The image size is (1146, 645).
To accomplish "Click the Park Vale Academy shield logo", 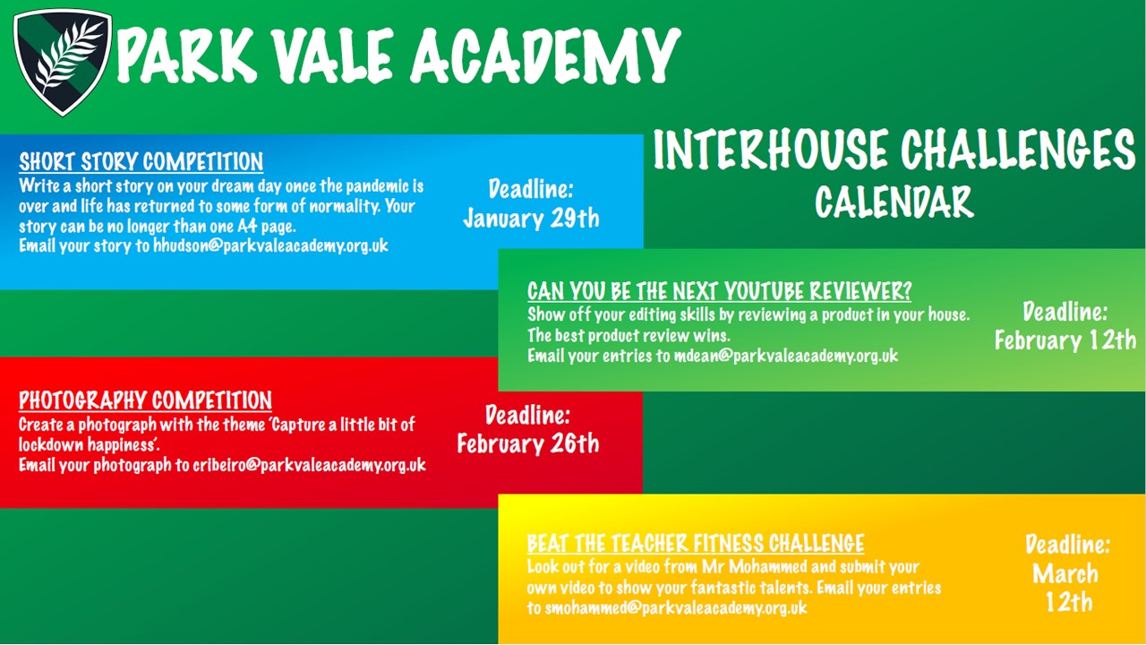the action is coord(63,63).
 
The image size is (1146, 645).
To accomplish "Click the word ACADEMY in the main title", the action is coord(545,56).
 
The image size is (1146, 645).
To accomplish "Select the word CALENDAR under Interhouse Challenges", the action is coord(894,202).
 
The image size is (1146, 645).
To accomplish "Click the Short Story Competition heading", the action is coord(141,162).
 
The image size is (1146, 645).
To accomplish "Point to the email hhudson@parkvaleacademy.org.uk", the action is coord(270,245).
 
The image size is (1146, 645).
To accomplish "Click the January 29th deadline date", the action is coord(531,219).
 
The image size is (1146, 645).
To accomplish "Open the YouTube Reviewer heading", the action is coord(719,291).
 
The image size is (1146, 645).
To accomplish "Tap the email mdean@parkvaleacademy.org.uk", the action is coord(786,356).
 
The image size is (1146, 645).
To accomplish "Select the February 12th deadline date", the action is coord(1065,340).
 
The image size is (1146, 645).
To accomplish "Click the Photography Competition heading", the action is coord(145,400).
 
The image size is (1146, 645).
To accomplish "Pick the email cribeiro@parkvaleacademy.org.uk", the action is coord(309,465).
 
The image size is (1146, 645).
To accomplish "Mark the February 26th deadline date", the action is coord(528,443).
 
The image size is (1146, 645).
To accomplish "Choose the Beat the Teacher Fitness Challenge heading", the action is coord(696,543).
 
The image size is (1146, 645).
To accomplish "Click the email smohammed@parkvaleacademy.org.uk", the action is coord(676,608).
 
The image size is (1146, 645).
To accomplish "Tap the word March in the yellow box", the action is coord(1065,573).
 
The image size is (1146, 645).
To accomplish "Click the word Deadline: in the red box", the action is coord(527,415).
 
